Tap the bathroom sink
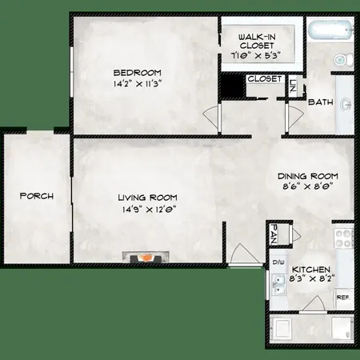coord(346,104)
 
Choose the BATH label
coord(321,102)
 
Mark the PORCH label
coord(35,196)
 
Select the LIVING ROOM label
coord(148,198)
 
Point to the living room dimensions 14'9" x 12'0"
coord(148,210)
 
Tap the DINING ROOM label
coord(308,176)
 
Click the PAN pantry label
coord(274,234)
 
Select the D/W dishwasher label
coord(278,262)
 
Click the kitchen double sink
coord(277,286)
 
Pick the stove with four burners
coord(344,238)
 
